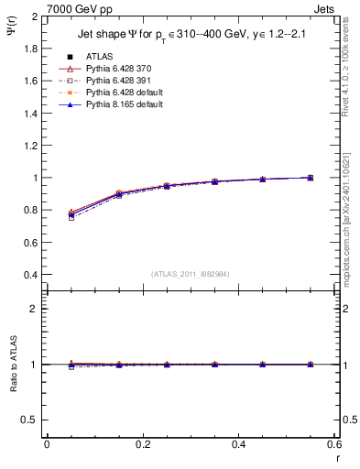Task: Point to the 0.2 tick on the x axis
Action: pyautogui.click(x=143, y=444)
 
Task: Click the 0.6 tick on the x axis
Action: pyautogui.click(x=334, y=444)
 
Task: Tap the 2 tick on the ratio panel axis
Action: pyautogui.click(x=38, y=309)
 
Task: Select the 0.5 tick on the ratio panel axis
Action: pyautogui.click(x=34, y=420)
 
